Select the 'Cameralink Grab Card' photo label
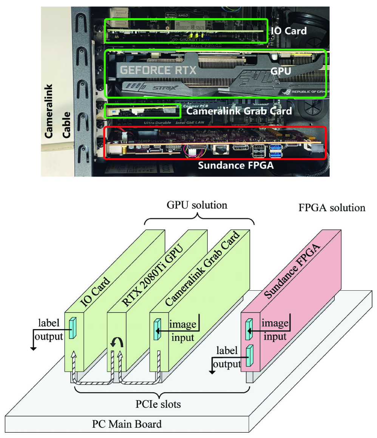[x=239, y=111]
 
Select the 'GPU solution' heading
[x=197, y=205]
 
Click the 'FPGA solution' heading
[x=331, y=207]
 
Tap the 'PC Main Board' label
[x=127, y=424]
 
